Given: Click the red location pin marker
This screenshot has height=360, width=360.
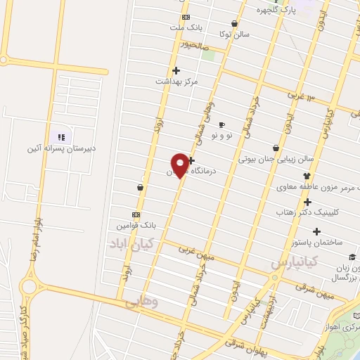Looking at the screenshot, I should click(180, 165).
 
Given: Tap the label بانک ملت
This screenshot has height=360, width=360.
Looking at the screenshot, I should click(185, 27).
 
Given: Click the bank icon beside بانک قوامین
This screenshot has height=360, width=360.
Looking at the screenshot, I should click(136, 214).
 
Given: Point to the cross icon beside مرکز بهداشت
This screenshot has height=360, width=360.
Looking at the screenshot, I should click(176, 70).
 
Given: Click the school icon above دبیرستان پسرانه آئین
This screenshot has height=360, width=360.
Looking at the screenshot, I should click(60, 136).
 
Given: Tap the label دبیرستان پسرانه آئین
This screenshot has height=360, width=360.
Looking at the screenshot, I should click(60, 148).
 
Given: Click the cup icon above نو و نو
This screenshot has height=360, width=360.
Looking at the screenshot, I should click(222, 124).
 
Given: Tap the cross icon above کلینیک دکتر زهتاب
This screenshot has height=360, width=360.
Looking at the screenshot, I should click(307, 202).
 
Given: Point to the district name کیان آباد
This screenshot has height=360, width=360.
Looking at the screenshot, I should click(131, 243).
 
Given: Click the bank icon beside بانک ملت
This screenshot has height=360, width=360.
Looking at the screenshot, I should click(185, 17).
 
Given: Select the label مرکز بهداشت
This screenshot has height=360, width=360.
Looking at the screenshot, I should click(177, 82).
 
